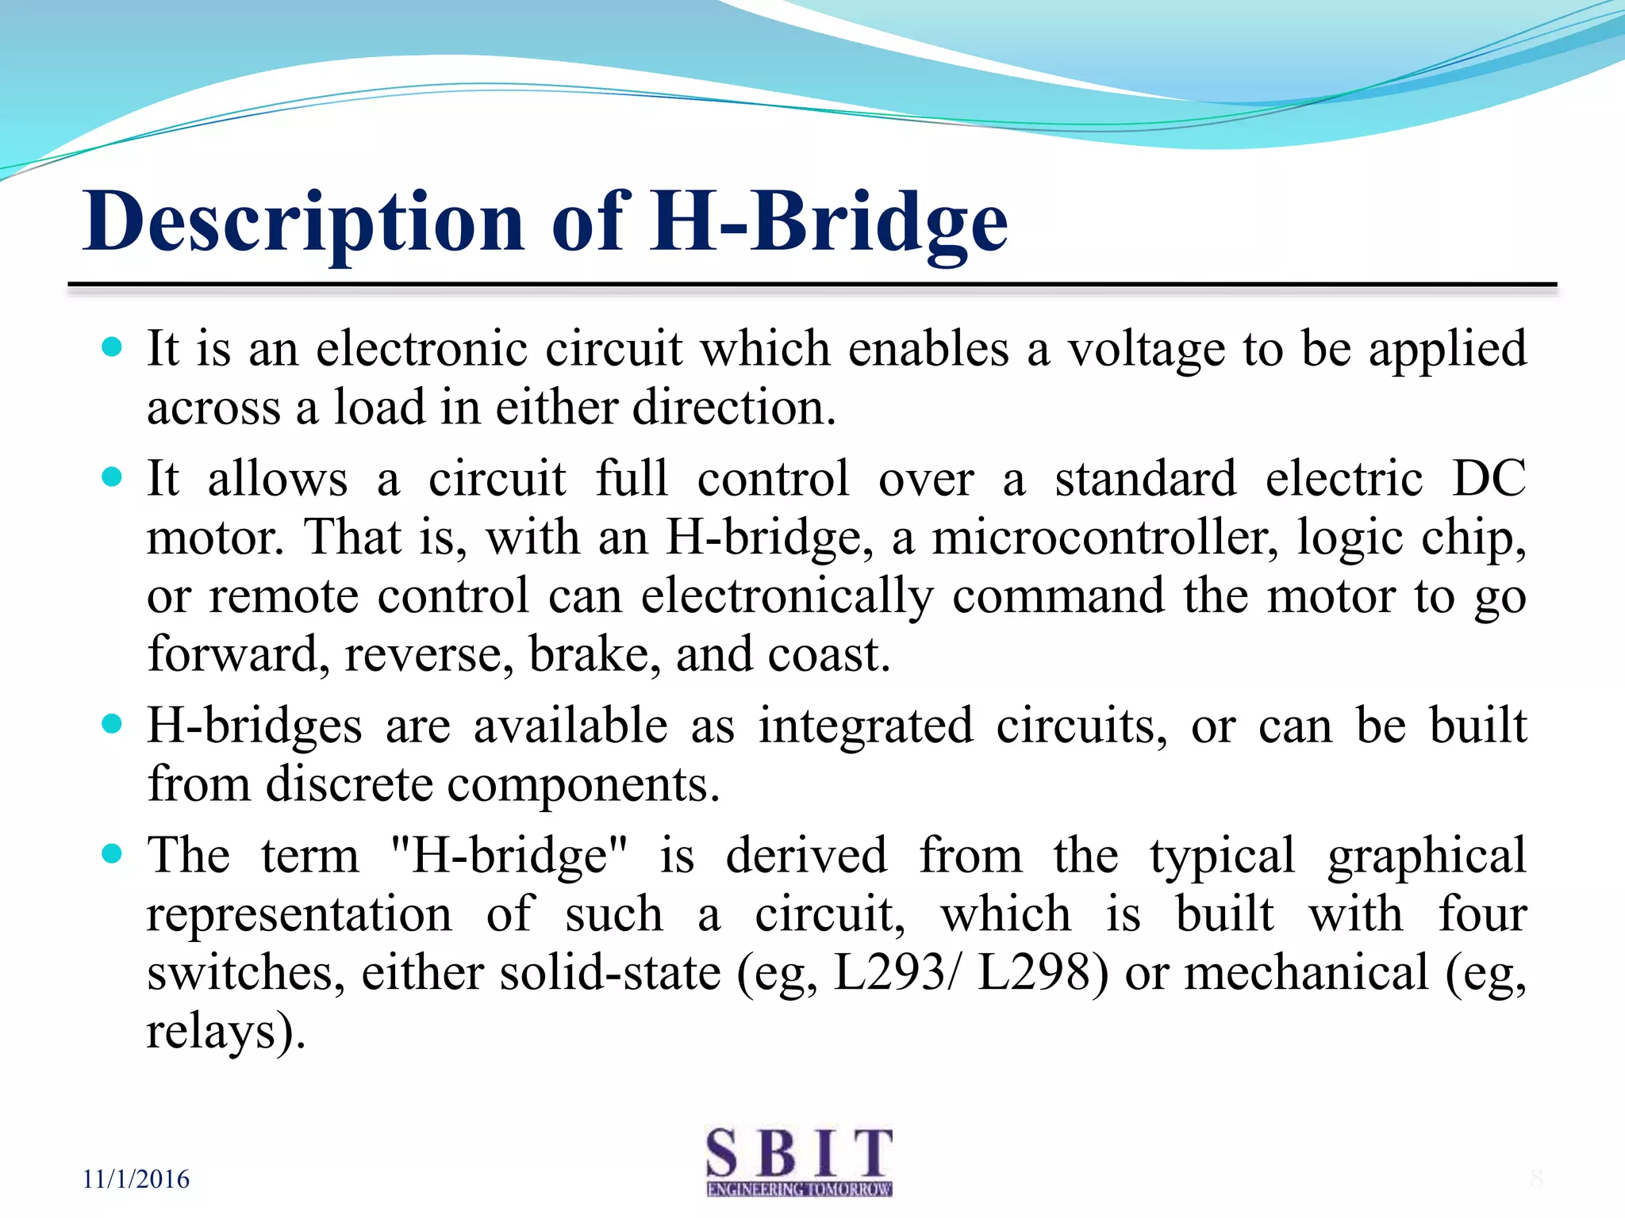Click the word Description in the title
303,224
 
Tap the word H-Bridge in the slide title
829,224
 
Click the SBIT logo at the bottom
799,1162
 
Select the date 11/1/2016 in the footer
136,1179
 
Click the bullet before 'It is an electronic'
113,347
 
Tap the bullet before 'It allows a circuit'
113,477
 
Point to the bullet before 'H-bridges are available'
113,724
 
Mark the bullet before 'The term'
113,854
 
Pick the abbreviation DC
1489,478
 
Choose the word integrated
865,726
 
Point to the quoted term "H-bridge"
509,856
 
